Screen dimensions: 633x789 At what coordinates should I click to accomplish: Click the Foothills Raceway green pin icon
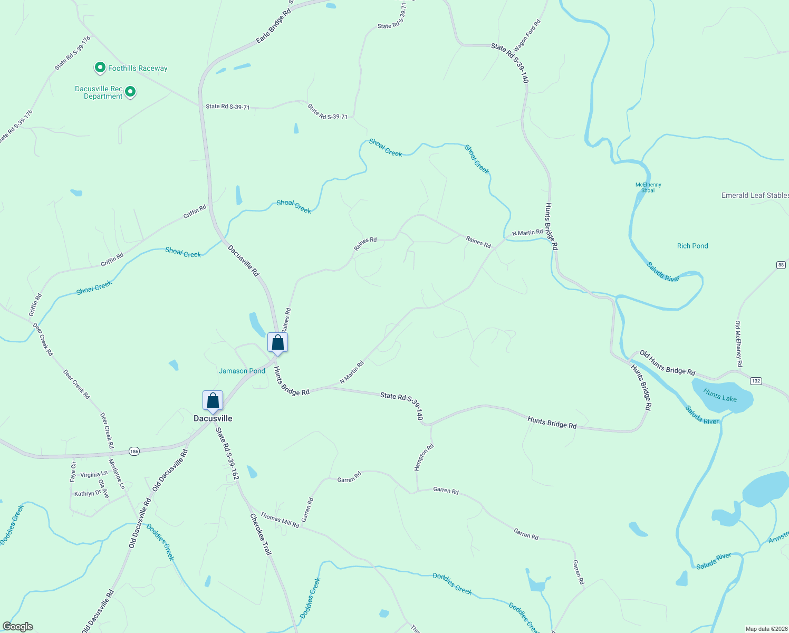[100, 68]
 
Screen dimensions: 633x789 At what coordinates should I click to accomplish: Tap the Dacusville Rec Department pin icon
[130, 92]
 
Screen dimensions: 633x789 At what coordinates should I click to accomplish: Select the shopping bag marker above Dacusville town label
[213, 400]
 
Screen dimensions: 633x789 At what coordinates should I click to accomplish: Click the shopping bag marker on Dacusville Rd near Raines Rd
[277, 343]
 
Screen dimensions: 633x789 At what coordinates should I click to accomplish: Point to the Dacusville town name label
[213, 418]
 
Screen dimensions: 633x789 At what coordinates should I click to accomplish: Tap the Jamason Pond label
[242, 371]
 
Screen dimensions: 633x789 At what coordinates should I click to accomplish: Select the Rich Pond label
[692, 246]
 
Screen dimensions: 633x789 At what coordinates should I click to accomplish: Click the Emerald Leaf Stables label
[755, 195]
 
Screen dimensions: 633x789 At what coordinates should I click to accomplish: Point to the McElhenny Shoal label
[648, 187]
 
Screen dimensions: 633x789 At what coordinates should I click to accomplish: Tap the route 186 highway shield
[134, 452]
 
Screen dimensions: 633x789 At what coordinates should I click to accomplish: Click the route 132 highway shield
[756, 381]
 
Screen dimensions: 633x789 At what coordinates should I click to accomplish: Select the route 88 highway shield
[781, 265]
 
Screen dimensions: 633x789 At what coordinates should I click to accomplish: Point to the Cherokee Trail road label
[261, 534]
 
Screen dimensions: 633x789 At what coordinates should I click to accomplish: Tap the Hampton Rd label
[424, 457]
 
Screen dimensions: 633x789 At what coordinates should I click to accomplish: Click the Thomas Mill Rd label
[280, 521]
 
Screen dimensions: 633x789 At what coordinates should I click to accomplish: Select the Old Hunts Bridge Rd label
[667, 362]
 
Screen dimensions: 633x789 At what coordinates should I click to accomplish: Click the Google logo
[18, 627]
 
